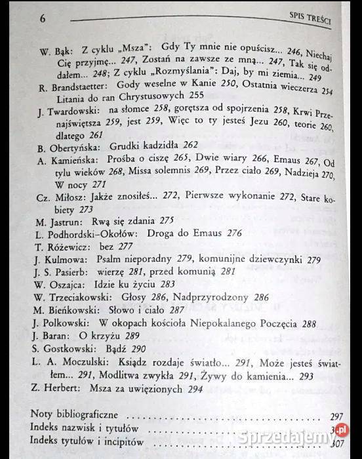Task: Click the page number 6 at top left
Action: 42,18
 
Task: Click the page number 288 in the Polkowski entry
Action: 309,323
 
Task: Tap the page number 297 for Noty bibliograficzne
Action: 336,416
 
